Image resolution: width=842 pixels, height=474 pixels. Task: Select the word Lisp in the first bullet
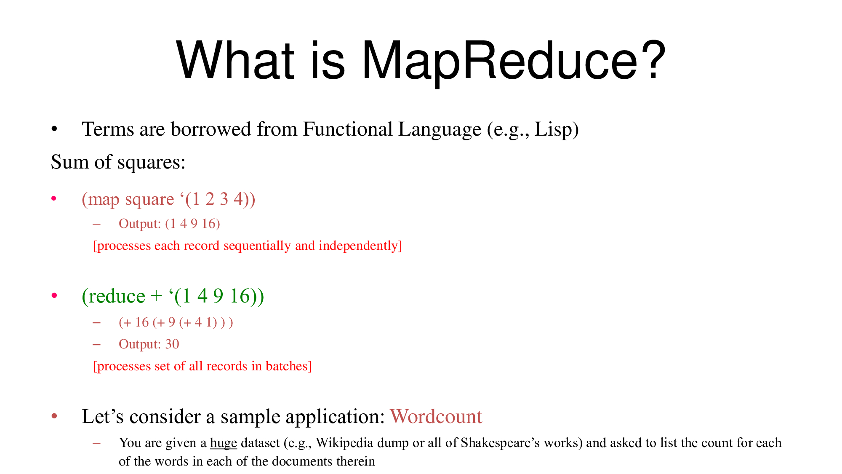click(x=552, y=129)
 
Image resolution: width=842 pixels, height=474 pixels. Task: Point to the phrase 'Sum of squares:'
click(x=118, y=162)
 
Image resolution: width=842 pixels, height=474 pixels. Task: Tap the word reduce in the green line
click(x=114, y=296)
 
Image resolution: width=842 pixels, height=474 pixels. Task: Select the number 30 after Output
click(x=172, y=344)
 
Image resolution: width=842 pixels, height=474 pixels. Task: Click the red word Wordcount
click(x=436, y=416)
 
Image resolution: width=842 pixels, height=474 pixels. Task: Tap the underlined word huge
click(x=224, y=443)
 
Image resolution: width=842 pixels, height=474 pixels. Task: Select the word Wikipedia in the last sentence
click(x=344, y=443)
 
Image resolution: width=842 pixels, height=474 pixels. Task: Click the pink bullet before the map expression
click(x=54, y=198)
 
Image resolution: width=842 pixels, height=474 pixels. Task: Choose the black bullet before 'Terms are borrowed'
click(x=54, y=129)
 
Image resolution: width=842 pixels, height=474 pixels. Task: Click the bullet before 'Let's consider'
click(x=54, y=416)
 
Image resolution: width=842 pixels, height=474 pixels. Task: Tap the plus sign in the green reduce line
click(x=156, y=296)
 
